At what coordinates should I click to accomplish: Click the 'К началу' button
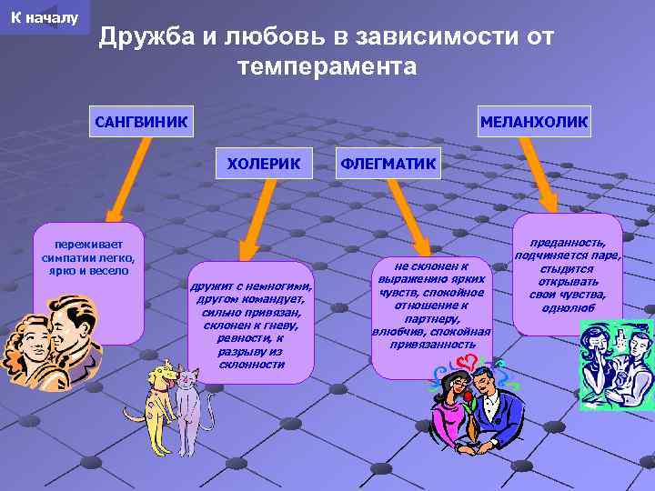click(x=45, y=17)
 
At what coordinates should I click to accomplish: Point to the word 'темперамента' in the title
click(x=327, y=66)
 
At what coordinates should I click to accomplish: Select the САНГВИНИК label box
click(x=141, y=120)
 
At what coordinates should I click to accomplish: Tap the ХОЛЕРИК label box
click(x=263, y=163)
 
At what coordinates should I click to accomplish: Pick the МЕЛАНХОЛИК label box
click(x=534, y=120)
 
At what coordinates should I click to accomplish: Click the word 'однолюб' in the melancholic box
click(x=568, y=308)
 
